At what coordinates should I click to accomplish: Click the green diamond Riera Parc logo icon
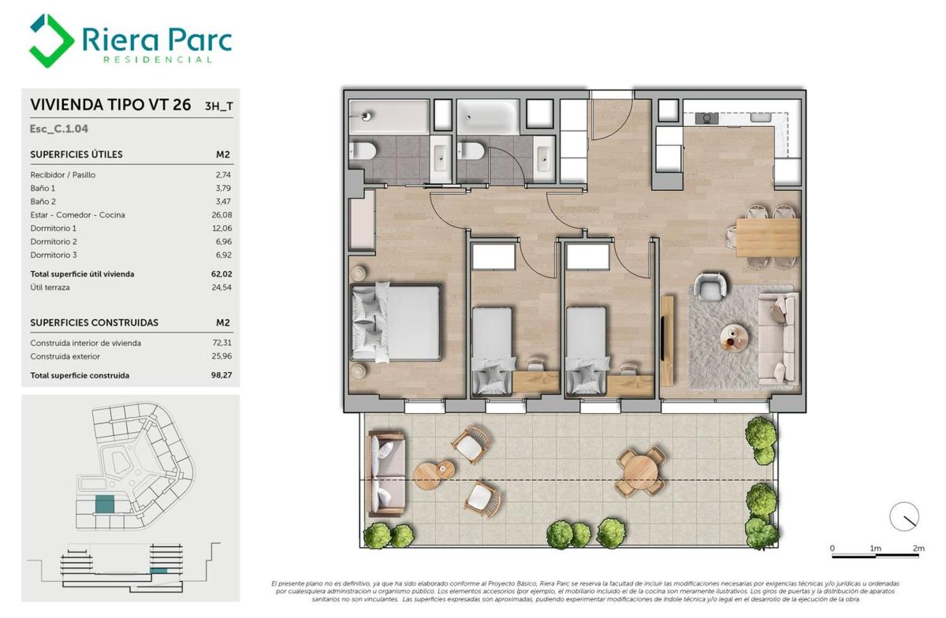point(51,40)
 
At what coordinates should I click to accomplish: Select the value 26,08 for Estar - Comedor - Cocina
point(222,214)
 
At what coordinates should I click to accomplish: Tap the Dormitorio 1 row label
point(54,228)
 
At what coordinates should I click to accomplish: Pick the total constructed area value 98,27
point(222,375)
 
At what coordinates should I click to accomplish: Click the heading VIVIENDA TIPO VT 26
point(110,104)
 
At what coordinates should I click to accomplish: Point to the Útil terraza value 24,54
point(222,287)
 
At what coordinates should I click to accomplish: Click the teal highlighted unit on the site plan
point(105,504)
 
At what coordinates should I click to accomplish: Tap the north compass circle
point(904,516)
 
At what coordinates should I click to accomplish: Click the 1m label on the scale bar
point(876,548)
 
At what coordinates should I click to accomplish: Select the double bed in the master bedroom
point(396,323)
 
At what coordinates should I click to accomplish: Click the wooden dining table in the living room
point(768,237)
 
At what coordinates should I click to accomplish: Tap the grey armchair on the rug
point(711,287)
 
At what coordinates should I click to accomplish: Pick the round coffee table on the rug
point(734,337)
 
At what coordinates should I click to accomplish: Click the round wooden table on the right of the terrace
point(640,471)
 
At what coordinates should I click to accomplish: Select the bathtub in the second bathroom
point(488,117)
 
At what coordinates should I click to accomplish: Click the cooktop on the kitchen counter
point(707,118)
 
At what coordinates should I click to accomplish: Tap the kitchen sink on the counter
point(761,117)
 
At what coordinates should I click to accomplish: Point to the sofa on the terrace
point(386,474)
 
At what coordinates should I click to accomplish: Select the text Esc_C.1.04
point(58,128)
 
